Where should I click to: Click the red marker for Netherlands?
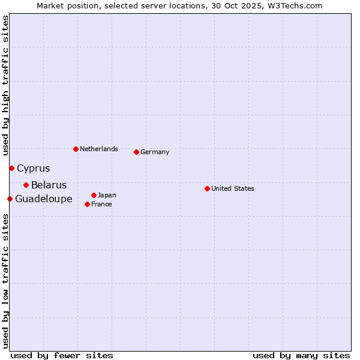click(x=76, y=149)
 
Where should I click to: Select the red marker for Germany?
click(x=136, y=152)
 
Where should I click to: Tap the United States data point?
click(x=207, y=188)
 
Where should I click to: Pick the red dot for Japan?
click(x=94, y=195)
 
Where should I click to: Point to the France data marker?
click(x=87, y=204)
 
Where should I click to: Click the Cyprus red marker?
click(x=11, y=168)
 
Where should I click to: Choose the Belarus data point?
click(x=26, y=185)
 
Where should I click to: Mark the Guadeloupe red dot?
click(x=10, y=199)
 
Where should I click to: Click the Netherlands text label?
click(x=99, y=149)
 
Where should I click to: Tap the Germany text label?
click(x=155, y=152)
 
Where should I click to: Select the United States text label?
click(x=233, y=188)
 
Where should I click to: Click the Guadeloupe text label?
click(x=44, y=199)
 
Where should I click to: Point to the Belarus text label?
click(x=49, y=185)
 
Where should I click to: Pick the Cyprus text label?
click(x=34, y=169)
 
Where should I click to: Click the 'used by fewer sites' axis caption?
click(x=62, y=355)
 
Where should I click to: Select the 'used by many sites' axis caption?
click(x=301, y=355)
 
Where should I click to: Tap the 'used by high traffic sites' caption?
click(x=5, y=85)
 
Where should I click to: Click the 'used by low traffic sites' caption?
click(x=5, y=281)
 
